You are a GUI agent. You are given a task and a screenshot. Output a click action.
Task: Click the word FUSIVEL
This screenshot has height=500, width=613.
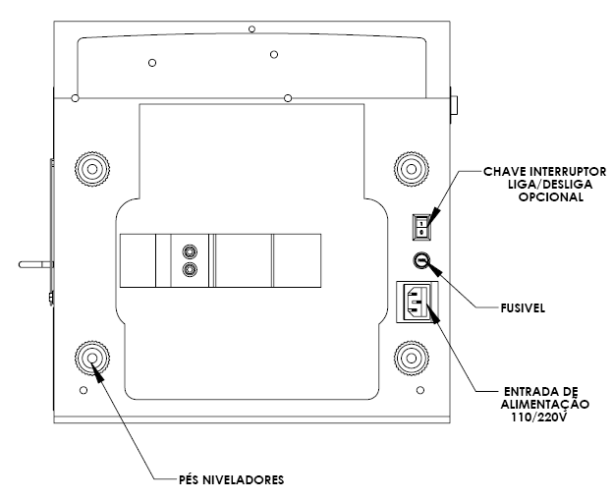pos(523,308)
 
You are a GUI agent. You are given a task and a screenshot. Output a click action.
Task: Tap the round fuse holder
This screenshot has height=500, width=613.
pos(421,260)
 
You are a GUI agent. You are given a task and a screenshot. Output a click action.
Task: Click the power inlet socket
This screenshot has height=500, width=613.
pos(418,302)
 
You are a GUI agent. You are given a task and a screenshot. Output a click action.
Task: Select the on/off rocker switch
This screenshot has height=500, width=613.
pos(421,228)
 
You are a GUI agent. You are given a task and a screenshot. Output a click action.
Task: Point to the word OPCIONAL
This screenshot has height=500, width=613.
pos(551,197)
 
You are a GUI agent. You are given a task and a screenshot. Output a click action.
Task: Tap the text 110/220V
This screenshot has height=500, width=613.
pos(539,417)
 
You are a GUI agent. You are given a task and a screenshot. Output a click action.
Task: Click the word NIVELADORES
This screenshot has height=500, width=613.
pos(243,479)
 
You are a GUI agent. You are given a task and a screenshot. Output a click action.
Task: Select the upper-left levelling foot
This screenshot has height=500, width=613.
pos(92,169)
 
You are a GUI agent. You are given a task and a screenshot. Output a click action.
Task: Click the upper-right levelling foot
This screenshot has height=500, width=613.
pos(412,169)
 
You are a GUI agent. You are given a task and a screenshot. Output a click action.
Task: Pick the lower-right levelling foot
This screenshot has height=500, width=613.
pos(412,359)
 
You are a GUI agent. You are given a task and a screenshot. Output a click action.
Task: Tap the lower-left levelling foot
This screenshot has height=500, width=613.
pos(92,359)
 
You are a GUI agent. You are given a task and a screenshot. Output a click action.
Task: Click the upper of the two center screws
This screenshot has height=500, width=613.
pos(190,251)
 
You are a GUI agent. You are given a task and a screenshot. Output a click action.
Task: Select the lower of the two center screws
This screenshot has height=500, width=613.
pos(190,269)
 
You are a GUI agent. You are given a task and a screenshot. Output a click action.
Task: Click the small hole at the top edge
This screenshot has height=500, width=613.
pos(252,28)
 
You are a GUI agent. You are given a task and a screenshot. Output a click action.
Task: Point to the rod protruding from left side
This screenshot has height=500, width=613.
pos(36,264)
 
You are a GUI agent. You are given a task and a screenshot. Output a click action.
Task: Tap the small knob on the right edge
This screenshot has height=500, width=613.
pos(454,105)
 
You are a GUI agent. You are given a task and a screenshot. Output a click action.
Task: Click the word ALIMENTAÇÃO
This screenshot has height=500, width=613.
pos(545,405)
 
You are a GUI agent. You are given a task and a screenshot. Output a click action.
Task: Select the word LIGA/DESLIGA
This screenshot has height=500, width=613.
pos(550,184)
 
